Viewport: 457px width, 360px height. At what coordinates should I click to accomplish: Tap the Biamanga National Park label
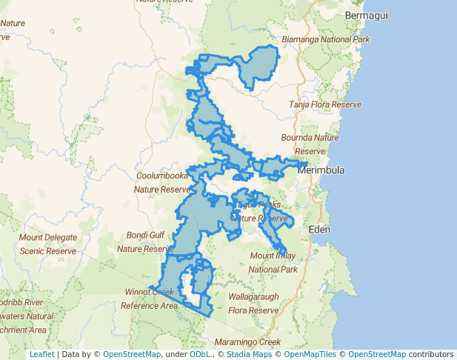327,39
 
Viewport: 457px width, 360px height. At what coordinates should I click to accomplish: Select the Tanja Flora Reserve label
325,105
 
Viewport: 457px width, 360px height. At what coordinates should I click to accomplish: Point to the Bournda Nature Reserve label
309,144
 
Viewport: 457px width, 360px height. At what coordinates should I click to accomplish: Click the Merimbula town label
321,170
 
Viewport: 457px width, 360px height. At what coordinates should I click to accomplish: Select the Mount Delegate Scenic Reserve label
47,244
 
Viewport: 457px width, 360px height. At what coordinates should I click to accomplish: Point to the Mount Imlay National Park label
273,262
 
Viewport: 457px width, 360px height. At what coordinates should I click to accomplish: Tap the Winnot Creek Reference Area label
150,298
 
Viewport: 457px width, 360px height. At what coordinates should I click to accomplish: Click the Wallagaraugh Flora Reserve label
253,303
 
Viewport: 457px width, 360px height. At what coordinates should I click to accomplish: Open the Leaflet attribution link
41,355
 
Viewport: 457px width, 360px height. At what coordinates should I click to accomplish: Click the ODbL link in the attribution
200,355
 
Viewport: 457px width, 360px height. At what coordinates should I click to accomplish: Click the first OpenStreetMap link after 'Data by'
132,355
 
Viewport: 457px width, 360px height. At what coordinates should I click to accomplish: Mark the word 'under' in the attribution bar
176,355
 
